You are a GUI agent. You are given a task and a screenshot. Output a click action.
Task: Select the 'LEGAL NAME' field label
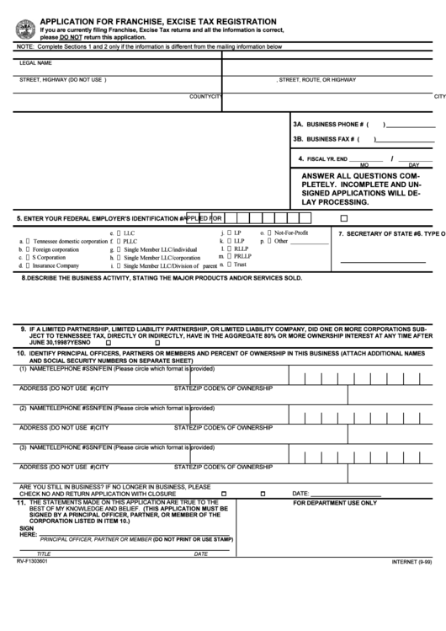[x=36, y=63]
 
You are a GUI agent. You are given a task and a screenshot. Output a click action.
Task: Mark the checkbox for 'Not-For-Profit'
[x=268, y=232]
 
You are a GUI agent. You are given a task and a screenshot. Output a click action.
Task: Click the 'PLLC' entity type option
[x=130, y=241]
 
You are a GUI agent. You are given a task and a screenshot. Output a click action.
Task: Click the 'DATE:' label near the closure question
[x=300, y=493]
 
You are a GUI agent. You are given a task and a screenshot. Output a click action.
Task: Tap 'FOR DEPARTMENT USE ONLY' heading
[x=334, y=502]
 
